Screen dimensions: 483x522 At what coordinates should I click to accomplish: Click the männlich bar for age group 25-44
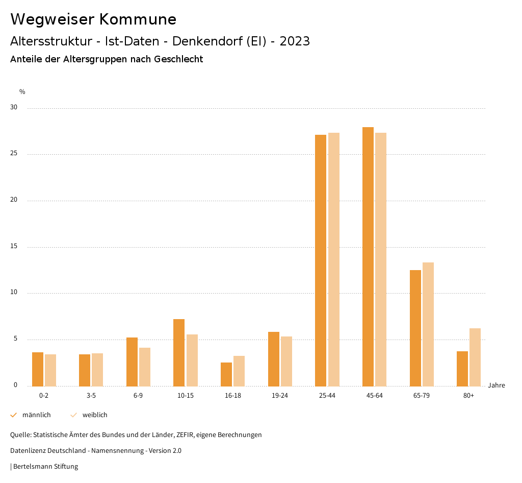coord(321,260)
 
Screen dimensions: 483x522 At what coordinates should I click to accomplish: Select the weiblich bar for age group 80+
coord(475,357)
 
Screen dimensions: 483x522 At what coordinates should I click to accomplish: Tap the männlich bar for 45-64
coord(368,256)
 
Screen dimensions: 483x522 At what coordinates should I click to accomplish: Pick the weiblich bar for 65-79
coord(428,324)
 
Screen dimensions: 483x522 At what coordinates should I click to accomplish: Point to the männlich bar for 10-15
coord(179,352)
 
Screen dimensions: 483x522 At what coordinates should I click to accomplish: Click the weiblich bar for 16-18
coord(239,371)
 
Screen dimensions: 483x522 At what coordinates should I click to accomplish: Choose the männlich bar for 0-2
coord(38,369)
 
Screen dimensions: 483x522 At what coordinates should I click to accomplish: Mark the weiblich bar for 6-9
coord(145,367)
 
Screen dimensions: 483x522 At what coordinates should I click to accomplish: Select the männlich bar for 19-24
coord(274,359)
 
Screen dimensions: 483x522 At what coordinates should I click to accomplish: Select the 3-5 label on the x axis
coord(91,396)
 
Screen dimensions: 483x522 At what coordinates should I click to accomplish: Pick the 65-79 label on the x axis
coord(422,396)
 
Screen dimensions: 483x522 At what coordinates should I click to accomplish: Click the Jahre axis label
coord(496,385)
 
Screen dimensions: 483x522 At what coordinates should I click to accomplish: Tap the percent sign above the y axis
coord(22,92)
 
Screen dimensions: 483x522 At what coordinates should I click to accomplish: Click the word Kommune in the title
coord(138,19)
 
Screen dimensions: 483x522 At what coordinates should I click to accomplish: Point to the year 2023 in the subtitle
coord(295,41)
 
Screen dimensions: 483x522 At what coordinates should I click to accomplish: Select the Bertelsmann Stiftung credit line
coord(45,466)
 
